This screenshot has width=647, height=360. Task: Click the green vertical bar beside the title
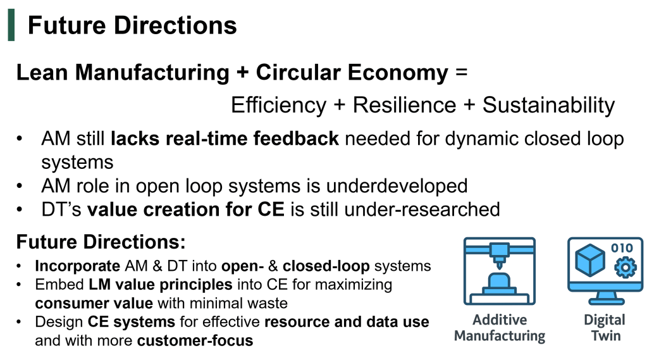11,25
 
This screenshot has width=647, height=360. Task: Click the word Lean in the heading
42,73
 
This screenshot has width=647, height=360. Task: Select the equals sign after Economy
461,73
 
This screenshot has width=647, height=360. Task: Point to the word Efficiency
278,105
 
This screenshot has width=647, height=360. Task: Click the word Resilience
404,105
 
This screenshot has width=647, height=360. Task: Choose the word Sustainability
548,105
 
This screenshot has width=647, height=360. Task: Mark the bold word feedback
296,139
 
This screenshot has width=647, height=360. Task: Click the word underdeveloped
397,186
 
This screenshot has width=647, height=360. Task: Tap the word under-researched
422,209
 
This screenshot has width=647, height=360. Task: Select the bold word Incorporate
78,266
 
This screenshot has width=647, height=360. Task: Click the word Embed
59,285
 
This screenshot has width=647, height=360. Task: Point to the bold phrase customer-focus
195,340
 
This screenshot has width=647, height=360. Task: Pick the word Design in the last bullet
59,322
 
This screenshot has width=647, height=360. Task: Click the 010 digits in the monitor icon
622,248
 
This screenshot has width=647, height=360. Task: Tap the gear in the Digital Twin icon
625,267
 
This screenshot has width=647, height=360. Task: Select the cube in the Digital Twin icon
590,260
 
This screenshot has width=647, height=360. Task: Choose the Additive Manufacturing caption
500,328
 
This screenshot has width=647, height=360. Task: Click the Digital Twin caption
605,328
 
